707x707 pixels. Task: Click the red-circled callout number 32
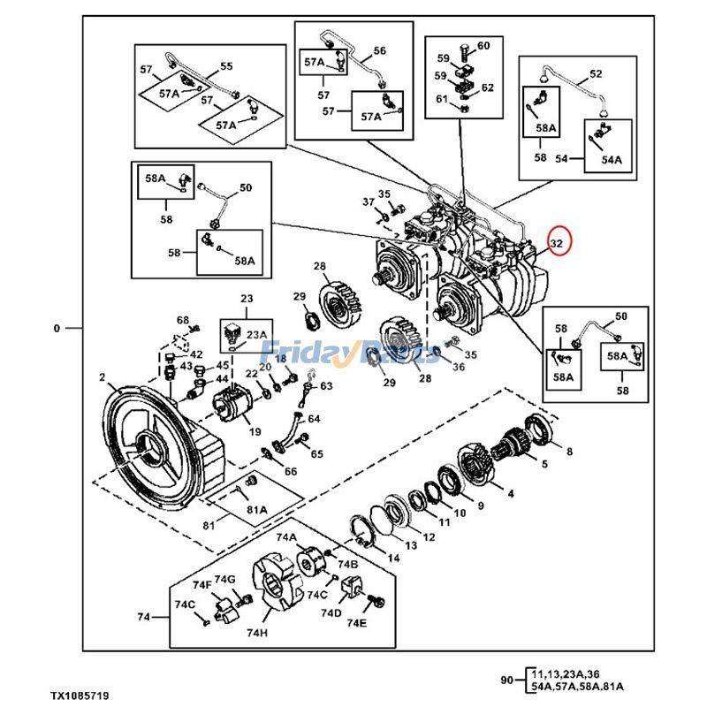pos(558,242)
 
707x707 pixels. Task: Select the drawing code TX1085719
pos(79,696)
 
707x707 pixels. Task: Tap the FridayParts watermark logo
pos(353,353)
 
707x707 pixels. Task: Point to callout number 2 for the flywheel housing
pos(103,378)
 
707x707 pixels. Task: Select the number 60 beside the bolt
pos(483,45)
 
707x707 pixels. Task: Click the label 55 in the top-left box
pos(226,66)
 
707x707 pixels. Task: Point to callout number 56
pos(379,51)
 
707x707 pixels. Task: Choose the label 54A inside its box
pos(612,160)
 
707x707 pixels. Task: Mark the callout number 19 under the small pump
pos(255,432)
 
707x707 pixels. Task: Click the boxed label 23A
pos(256,334)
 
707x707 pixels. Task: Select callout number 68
pos(182,320)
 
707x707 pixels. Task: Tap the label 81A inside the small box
pos(257,509)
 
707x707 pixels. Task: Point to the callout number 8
pos(569,451)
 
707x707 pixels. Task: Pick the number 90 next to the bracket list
pos(506,680)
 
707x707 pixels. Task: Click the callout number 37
pos(368,201)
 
